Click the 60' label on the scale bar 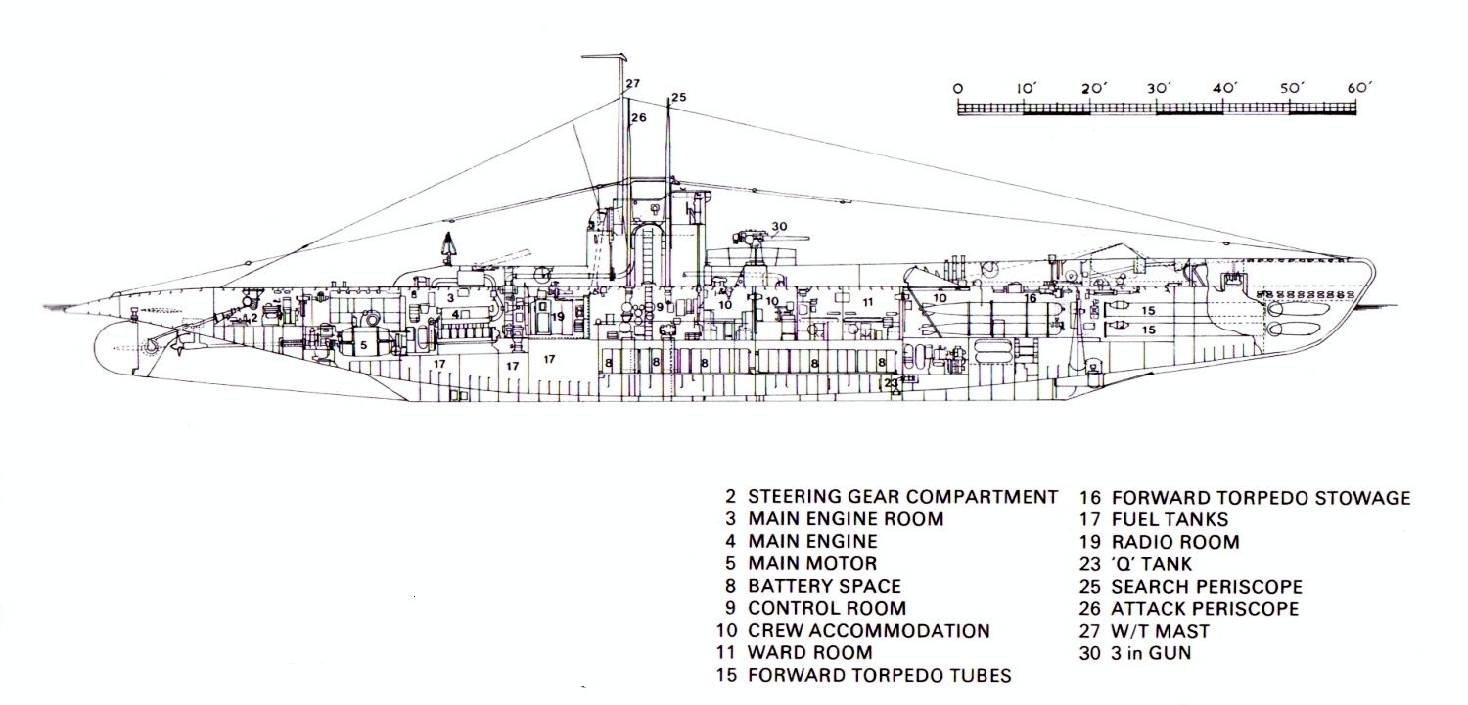[x=1360, y=88]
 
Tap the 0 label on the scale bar [x=957, y=88]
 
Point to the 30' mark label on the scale [x=1160, y=88]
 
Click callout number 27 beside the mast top [x=633, y=84]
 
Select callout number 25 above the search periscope [x=679, y=97]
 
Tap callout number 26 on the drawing [x=639, y=118]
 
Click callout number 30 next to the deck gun [x=779, y=228]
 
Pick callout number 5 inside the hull [x=362, y=345]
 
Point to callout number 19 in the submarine [x=557, y=316]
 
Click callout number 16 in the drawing [x=1030, y=298]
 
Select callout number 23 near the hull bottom [x=890, y=383]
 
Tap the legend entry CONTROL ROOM [x=827, y=608]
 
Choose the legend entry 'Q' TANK [x=1152, y=564]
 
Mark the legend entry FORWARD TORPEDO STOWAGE [x=1261, y=498]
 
